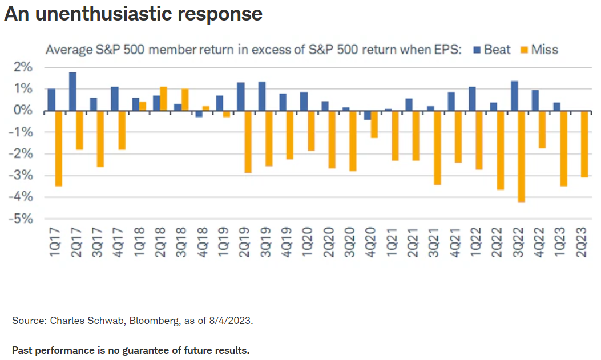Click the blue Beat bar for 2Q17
coord(72,91)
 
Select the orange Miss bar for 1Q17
coord(59,148)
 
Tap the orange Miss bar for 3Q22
coord(521,156)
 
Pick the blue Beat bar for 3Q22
coord(514,96)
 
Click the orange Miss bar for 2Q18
coord(163,99)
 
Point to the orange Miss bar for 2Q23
coord(584,144)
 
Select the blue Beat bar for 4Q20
coord(367,115)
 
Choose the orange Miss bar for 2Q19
coord(248,142)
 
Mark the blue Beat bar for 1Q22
coord(472,99)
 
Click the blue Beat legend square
coord(477,50)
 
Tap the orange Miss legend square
coord(525,50)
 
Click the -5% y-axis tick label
coord(21,219)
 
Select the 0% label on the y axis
coord(23,110)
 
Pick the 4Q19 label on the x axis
coord(287,242)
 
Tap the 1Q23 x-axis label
coord(560,242)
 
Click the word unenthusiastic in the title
coord(103,14)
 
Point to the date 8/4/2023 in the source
coord(230,321)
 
